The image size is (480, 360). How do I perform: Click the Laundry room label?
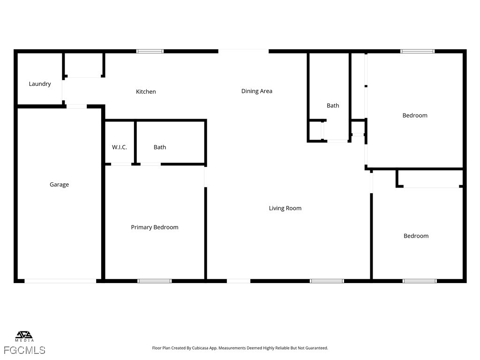pos(40,84)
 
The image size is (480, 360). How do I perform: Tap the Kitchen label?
pos(146,91)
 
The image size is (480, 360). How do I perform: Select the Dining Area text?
pos(256,91)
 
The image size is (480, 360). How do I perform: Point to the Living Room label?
pos(285,208)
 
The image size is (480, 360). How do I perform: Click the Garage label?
pos(59,185)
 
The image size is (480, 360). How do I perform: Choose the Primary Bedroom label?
pos(154,227)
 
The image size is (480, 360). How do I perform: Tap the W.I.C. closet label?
pos(119,147)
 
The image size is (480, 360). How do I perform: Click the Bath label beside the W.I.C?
pos(160,147)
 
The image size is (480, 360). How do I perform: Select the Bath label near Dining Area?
pos(333,105)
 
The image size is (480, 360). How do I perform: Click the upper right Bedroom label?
pos(415,115)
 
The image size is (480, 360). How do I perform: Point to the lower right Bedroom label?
pos(416,236)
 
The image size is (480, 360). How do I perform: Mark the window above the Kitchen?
pos(150,51)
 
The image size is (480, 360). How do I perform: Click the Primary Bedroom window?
pos(154,281)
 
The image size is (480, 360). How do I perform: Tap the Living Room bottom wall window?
pos(327,281)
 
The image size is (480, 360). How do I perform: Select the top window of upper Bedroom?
pos(417,51)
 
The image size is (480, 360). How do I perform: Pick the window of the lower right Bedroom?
pos(420,281)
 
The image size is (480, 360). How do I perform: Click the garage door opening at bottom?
pos(60,281)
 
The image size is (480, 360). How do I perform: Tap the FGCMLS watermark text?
pos(24,350)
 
